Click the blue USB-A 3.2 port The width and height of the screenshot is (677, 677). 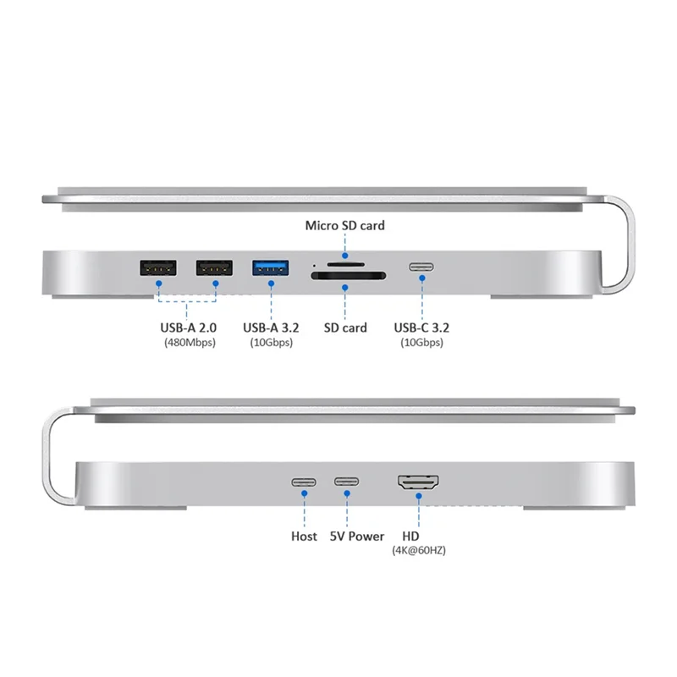click(271, 268)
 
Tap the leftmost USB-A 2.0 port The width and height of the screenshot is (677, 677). click(157, 268)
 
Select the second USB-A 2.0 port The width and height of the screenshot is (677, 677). click(214, 268)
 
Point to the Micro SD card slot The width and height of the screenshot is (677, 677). click(345, 264)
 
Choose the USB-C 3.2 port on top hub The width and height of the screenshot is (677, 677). click(421, 268)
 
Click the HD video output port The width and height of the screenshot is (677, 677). click(417, 484)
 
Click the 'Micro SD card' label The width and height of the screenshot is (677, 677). click(345, 225)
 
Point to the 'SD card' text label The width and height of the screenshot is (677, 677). click(345, 327)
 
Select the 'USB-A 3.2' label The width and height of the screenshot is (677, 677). click(271, 327)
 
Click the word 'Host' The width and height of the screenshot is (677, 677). click(304, 537)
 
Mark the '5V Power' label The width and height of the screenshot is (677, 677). click(356, 537)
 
